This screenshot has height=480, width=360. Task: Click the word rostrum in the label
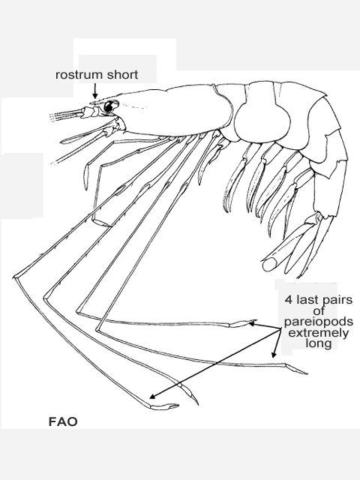coord(75,75)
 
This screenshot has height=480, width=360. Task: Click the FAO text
coord(63,421)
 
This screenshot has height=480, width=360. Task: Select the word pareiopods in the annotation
coord(318,322)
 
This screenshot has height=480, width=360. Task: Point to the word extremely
coord(318,333)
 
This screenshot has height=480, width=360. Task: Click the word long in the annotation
coord(318,343)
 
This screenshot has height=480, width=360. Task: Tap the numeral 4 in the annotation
coord(288,299)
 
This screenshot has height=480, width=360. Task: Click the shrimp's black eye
coord(108,106)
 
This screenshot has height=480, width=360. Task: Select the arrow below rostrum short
coord(95,91)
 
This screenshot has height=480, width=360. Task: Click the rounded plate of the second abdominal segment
coord(262,121)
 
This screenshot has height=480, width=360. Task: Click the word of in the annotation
coord(319,311)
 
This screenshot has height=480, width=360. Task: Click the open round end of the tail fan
coord(269,265)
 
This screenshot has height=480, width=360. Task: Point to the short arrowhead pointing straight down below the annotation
coord(274,355)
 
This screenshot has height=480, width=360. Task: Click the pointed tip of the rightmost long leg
coord(307,373)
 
